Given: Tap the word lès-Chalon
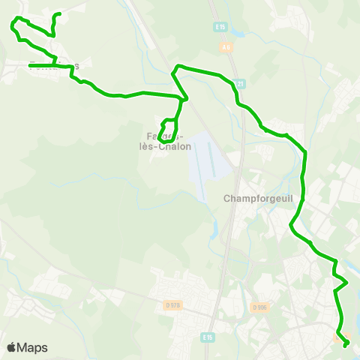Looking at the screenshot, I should click(x=169, y=147).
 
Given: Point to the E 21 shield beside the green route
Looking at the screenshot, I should click(x=239, y=83).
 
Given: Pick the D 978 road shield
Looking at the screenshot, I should click(x=173, y=304).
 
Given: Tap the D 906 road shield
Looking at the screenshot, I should click(x=260, y=307).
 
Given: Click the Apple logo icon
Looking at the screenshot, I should click(x=11, y=347).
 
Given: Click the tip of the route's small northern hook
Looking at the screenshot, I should click(x=59, y=14).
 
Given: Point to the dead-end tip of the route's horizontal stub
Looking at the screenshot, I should click(x=30, y=67).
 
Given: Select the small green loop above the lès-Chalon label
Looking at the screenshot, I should click(x=169, y=129).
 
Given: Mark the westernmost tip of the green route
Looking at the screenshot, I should click(x=11, y=25).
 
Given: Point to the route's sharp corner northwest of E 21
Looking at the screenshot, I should click(x=176, y=68).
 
